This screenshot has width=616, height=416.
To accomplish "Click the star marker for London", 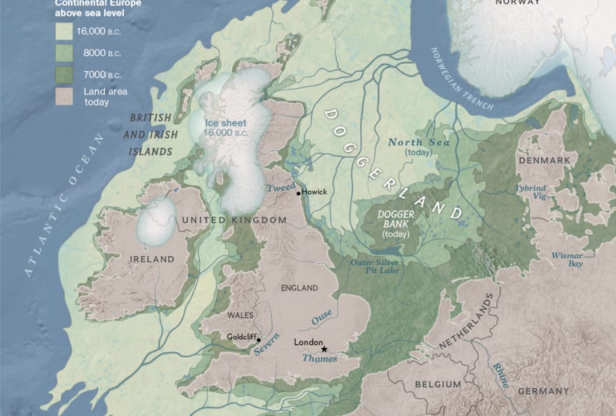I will click(x=324, y=349).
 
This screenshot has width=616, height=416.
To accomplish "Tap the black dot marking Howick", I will click(x=298, y=193).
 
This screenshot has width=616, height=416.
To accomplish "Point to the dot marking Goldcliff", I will click(x=258, y=339).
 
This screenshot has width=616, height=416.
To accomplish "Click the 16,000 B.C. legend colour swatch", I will click(x=66, y=32).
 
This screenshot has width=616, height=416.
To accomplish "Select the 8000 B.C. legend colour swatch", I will click(x=66, y=53).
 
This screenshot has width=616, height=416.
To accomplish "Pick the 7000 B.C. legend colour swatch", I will click(x=66, y=75).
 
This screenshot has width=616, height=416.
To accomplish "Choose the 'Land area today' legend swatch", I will click(x=66, y=96).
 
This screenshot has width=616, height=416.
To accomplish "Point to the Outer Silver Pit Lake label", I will click(x=375, y=268).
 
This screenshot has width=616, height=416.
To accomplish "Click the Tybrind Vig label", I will click(x=530, y=192).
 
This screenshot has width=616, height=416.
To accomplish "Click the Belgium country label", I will click(x=438, y=384).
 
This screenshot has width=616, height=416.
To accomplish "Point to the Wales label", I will click(x=240, y=316).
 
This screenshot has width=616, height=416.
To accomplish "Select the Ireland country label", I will click(x=152, y=258).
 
